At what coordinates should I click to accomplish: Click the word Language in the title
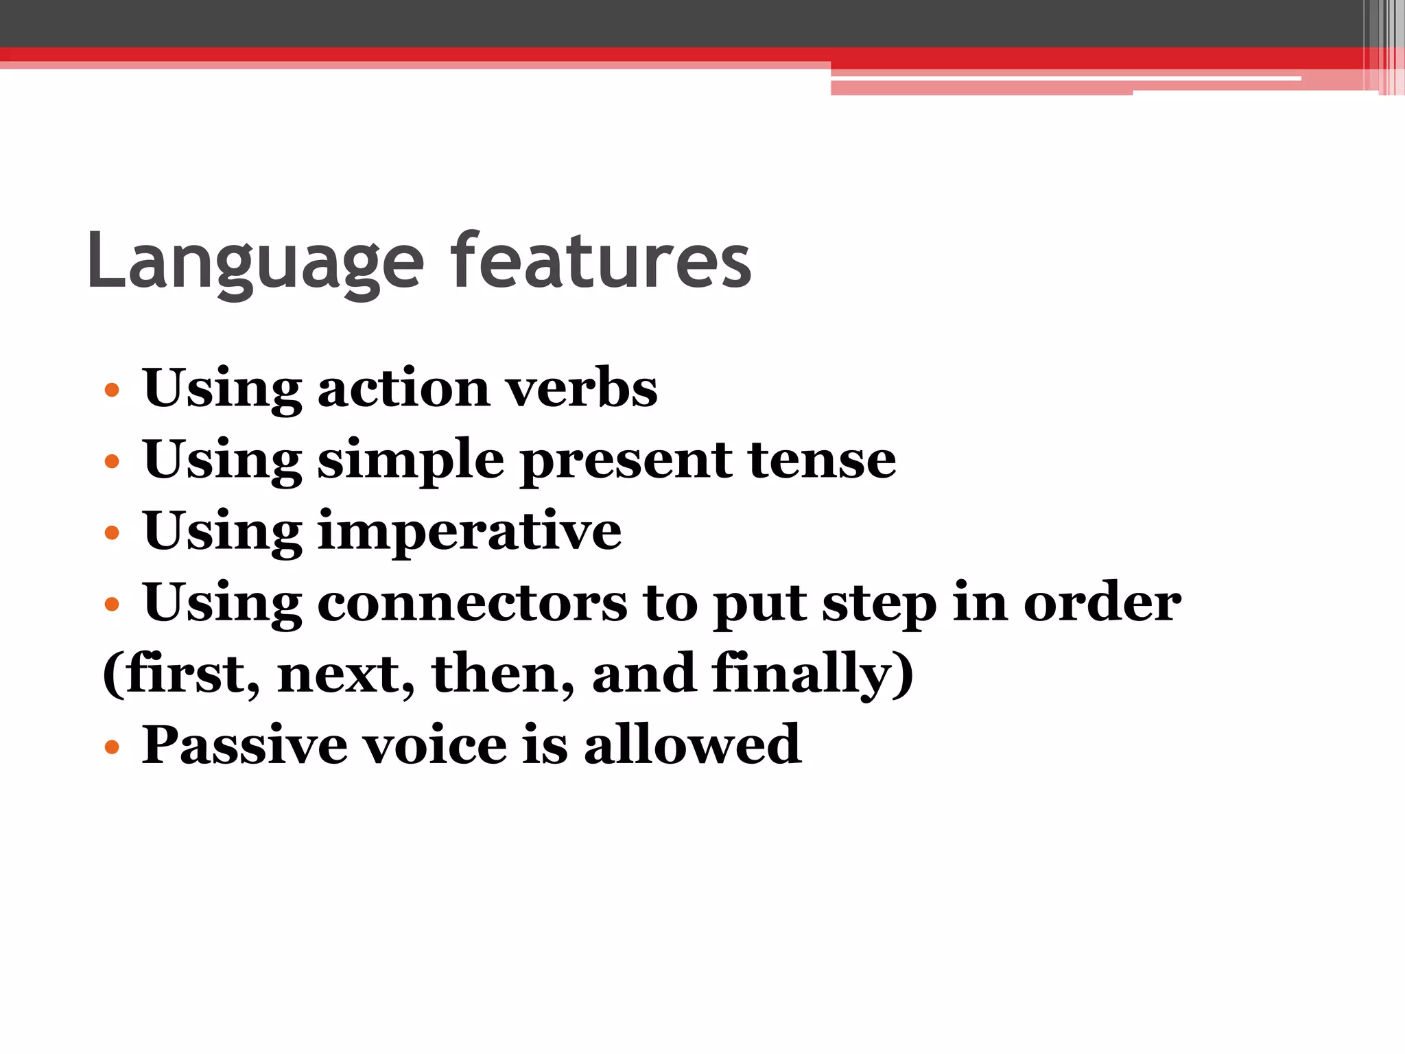point(255,263)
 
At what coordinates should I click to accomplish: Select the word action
point(403,388)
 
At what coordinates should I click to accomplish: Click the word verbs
point(582,388)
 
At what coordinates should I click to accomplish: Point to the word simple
point(410,461)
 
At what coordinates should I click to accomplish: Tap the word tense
point(822,460)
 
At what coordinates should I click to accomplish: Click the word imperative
point(469,532)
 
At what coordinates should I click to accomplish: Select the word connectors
point(472,603)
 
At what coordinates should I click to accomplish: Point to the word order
point(1102,603)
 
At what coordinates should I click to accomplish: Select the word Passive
point(244,745)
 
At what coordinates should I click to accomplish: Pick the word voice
point(435,745)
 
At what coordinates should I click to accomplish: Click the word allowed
point(692,745)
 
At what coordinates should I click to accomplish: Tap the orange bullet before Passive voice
point(112,747)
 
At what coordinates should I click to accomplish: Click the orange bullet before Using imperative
point(112,533)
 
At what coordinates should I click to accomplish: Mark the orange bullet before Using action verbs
point(112,390)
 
